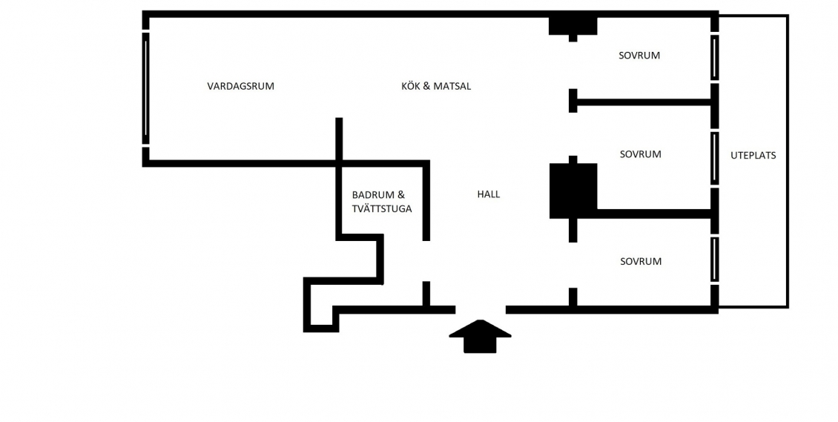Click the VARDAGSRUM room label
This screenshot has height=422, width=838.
[x=240, y=86]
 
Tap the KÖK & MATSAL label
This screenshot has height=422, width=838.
[x=436, y=86]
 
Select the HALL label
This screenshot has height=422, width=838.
[x=489, y=194]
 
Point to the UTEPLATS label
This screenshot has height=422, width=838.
[x=753, y=156]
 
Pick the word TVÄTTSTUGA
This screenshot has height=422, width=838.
[x=382, y=209]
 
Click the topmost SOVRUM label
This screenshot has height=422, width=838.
[x=639, y=56]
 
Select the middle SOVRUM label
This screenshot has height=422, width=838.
[x=640, y=154]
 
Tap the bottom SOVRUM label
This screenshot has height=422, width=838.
[x=641, y=262]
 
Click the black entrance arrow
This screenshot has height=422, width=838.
[x=480, y=337]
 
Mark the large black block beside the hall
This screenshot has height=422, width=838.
[x=573, y=191]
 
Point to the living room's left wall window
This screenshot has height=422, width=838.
[x=145, y=88]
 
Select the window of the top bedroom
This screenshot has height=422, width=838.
[x=715, y=57]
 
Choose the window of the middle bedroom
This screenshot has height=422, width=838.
[x=715, y=158]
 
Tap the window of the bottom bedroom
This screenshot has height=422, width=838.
[x=715, y=260]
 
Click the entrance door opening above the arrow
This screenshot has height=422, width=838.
[x=481, y=310]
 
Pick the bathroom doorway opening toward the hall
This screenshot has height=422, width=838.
[x=426, y=261]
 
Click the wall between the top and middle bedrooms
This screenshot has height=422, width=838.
[x=644, y=102]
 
